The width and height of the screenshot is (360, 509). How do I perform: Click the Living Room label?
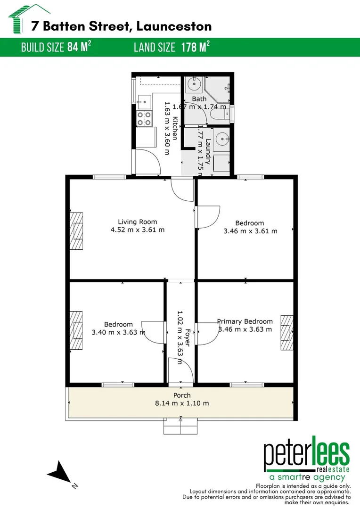137,222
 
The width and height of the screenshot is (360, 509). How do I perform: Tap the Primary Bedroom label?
245,321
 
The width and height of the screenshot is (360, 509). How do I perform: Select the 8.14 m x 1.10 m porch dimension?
181,403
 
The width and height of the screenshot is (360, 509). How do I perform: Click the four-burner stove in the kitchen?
144,118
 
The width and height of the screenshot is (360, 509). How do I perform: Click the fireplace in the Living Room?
76,231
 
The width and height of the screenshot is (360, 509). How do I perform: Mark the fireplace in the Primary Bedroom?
286,333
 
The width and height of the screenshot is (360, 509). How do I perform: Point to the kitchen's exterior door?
146,163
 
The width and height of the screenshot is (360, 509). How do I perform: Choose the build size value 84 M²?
77,48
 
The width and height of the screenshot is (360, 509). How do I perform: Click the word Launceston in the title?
173,26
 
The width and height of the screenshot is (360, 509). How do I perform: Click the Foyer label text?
188,337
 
